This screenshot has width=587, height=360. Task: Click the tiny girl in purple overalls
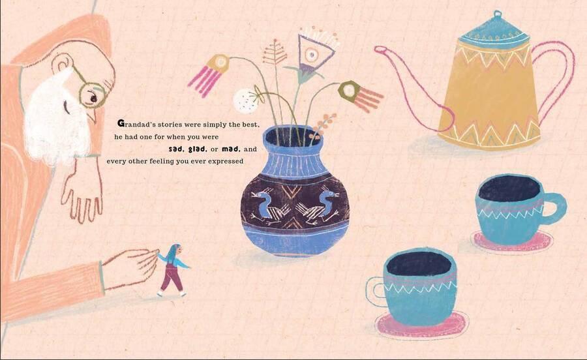click(x=172, y=270)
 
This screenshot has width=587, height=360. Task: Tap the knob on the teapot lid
click(x=498, y=14)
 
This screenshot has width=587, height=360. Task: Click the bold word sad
click(x=177, y=149)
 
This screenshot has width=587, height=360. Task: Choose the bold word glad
click(x=198, y=149)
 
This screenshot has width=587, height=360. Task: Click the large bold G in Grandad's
click(x=121, y=123)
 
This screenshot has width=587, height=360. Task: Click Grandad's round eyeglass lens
click(x=91, y=95)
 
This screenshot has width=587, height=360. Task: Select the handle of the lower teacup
click(x=375, y=292)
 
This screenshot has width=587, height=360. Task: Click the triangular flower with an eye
click(x=314, y=52)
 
